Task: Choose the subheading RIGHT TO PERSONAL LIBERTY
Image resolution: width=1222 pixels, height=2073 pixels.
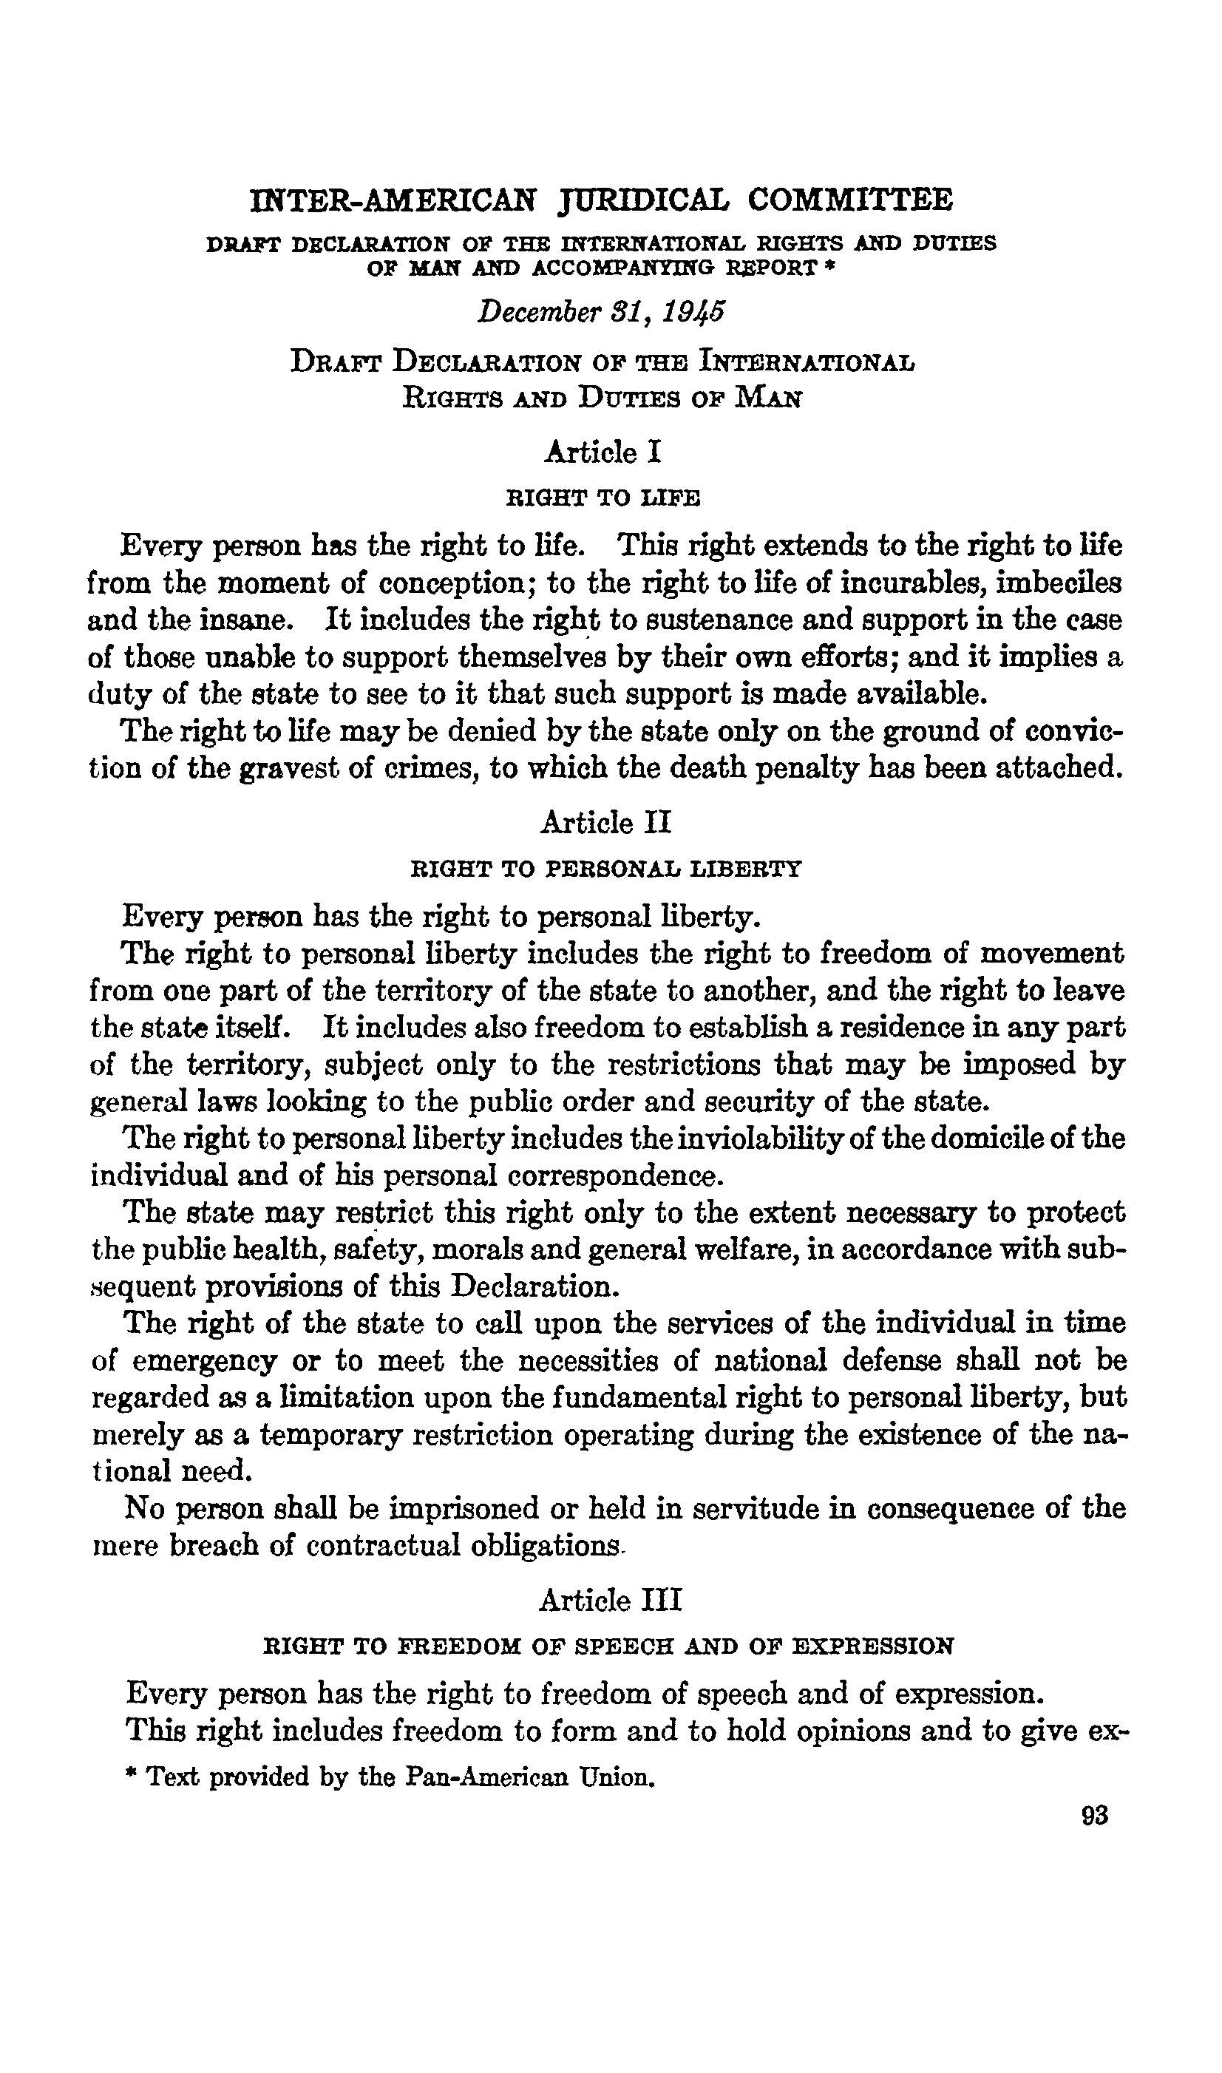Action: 605,868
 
